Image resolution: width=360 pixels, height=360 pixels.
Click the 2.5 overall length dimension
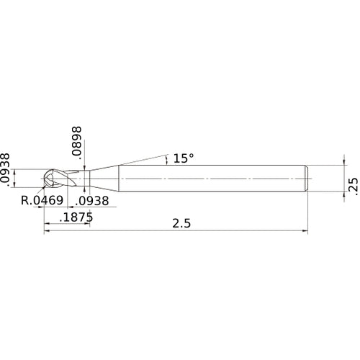tap(181, 224)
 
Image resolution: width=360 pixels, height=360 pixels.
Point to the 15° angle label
tap(183, 158)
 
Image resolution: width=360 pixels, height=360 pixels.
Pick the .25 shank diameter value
tap(352, 185)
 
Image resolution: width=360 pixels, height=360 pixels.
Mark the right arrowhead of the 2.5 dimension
tap(305, 231)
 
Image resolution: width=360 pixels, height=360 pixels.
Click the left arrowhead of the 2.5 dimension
tap(48, 231)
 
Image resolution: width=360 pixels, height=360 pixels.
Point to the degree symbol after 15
tap(192, 155)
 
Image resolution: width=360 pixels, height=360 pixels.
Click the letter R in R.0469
tap(25, 202)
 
